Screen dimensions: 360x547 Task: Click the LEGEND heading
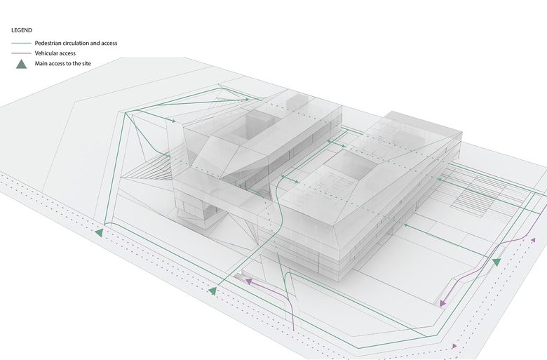click(x=22, y=31)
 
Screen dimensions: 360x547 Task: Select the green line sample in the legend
click(x=21, y=44)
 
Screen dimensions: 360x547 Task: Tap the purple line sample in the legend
click(x=21, y=53)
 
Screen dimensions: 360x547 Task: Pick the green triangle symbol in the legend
click(x=21, y=64)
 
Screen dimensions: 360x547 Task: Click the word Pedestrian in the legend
click(x=50, y=44)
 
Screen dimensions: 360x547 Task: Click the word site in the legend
click(x=86, y=64)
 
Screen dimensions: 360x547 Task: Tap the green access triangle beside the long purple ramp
click(x=497, y=262)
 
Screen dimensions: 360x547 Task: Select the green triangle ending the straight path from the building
click(x=212, y=290)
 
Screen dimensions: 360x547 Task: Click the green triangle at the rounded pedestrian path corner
click(x=100, y=232)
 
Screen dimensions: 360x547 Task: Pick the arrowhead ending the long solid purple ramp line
click(x=443, y=303)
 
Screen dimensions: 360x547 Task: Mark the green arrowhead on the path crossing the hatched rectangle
click(x=439, y=180)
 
